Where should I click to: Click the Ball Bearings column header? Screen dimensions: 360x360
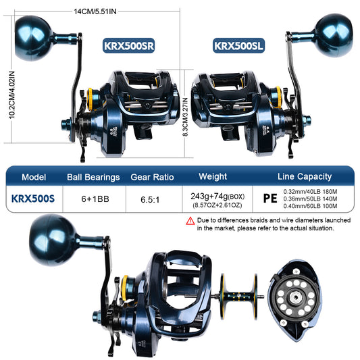[x=93, y=177]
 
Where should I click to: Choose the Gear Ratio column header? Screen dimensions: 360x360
[x=152, y=177]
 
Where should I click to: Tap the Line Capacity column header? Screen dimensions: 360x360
[x=305, y=176]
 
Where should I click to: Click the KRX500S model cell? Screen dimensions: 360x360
[x=34, y=199]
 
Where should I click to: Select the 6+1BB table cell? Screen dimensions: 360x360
[x=93, y=199]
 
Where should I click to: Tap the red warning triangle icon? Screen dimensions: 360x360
[x=190, y=221]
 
